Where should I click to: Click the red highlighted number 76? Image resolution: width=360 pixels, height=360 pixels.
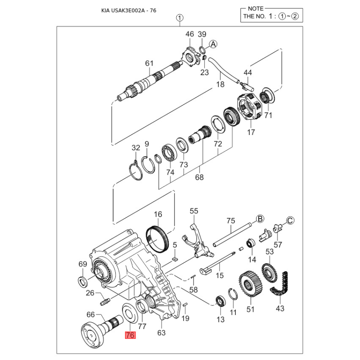pos(130,335)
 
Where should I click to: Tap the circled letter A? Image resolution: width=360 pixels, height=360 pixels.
pos(213,44)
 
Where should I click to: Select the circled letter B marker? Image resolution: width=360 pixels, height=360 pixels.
pos(260,219)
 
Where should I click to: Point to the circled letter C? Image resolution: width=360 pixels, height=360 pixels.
pos(290,220)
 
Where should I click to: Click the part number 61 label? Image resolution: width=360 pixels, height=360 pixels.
pos(149,63)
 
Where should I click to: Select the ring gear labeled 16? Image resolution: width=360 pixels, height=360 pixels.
pos(157,240)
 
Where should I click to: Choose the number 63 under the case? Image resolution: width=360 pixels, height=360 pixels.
pos(162,333)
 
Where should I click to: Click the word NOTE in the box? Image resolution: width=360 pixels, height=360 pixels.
pos(256,9)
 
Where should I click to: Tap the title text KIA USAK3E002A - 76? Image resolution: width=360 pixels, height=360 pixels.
pos(129,10)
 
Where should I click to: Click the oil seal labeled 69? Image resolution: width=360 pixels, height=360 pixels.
pos(83,282)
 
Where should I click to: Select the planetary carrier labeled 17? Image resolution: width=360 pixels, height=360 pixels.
pos(249,108)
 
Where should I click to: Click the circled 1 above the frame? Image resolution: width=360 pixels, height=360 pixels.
pos(180,18)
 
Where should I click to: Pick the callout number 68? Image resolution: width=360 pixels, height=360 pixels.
pos(199,177)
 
